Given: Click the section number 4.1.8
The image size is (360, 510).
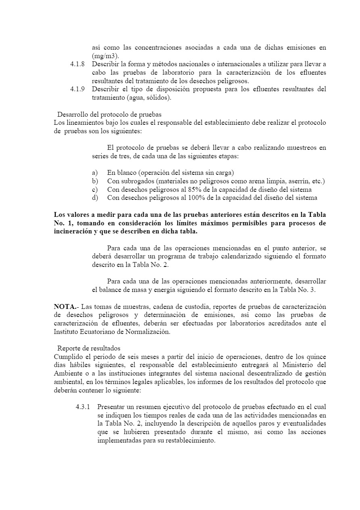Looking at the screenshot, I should pos(77,64).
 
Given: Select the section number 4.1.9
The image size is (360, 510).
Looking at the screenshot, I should pos(77,89).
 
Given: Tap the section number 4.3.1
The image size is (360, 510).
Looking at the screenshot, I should pos(83,407).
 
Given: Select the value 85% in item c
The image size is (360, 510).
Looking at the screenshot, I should pos(190,189).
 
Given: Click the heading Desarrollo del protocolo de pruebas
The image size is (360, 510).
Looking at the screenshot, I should pos(109,114).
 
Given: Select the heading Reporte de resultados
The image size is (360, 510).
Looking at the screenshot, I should pos(89,348).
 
